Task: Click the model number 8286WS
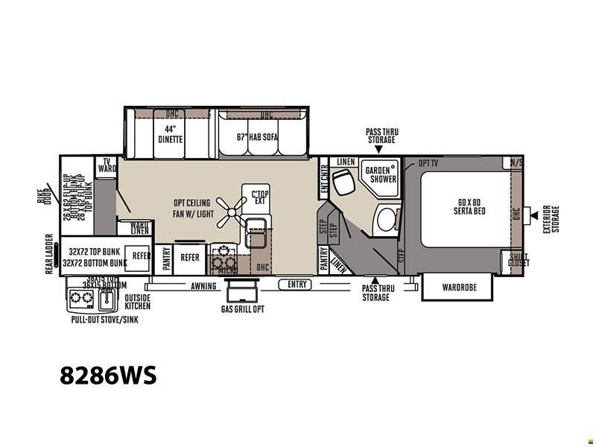(109, 375)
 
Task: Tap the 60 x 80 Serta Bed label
(469, 206)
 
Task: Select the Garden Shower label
(380, 174)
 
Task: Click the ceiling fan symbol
(232, 212)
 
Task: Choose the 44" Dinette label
(170, 134)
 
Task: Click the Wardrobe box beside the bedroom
(458, 287)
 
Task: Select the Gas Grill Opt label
(242, 308)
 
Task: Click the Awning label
(203, 286)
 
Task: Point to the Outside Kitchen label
(137, 302)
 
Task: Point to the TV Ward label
(107, 165)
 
